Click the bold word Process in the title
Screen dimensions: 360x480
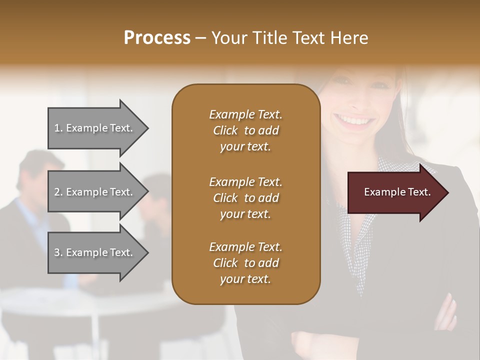click(x=157, y=37)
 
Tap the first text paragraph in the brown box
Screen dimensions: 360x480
click(x=245, y=130)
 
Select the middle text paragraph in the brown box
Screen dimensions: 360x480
click(x=245, y=198)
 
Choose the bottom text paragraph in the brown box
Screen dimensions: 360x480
click(x=245, y=263)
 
